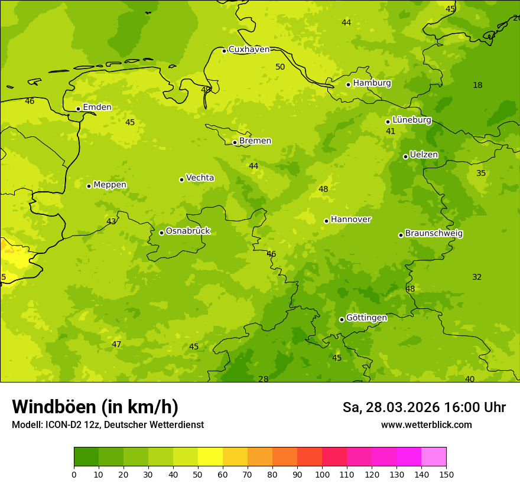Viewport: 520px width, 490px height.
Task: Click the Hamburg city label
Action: point(372,83)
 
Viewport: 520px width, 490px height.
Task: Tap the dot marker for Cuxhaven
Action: point(224,51)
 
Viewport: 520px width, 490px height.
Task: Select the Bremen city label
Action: point(255,141)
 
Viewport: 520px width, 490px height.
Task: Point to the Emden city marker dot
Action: point(78,109)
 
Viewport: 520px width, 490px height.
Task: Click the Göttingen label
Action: point(366,318)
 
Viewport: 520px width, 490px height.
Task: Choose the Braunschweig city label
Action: point(434,234)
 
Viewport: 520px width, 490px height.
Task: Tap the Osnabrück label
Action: point(187,231)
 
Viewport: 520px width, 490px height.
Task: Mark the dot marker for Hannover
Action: point(326,221)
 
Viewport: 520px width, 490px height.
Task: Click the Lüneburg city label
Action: point(411,120)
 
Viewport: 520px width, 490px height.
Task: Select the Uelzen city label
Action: point(424,155)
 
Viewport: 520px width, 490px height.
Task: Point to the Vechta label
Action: point(200,178)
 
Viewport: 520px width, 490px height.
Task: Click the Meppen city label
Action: point(109,185)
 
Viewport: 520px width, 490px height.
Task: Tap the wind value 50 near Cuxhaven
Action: point(280,67)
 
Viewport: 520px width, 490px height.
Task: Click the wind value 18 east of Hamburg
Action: point(477,86)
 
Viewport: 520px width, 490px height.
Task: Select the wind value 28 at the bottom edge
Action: point(263,379)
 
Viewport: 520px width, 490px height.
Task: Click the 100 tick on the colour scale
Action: point(322,474)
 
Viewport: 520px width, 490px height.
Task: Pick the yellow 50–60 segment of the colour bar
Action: point(210,457)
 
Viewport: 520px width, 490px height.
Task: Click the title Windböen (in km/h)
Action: point(95,407)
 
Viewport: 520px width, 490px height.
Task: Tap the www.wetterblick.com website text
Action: point(426,425)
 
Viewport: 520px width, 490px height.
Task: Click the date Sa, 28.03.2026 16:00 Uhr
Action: point(424,407)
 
